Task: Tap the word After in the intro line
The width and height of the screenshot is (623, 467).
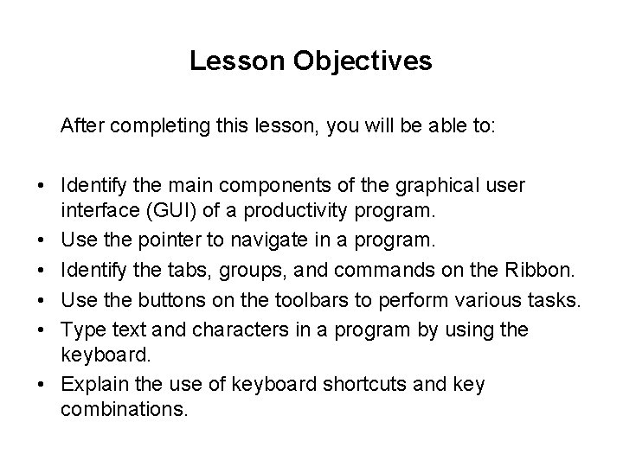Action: click(81, 126)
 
